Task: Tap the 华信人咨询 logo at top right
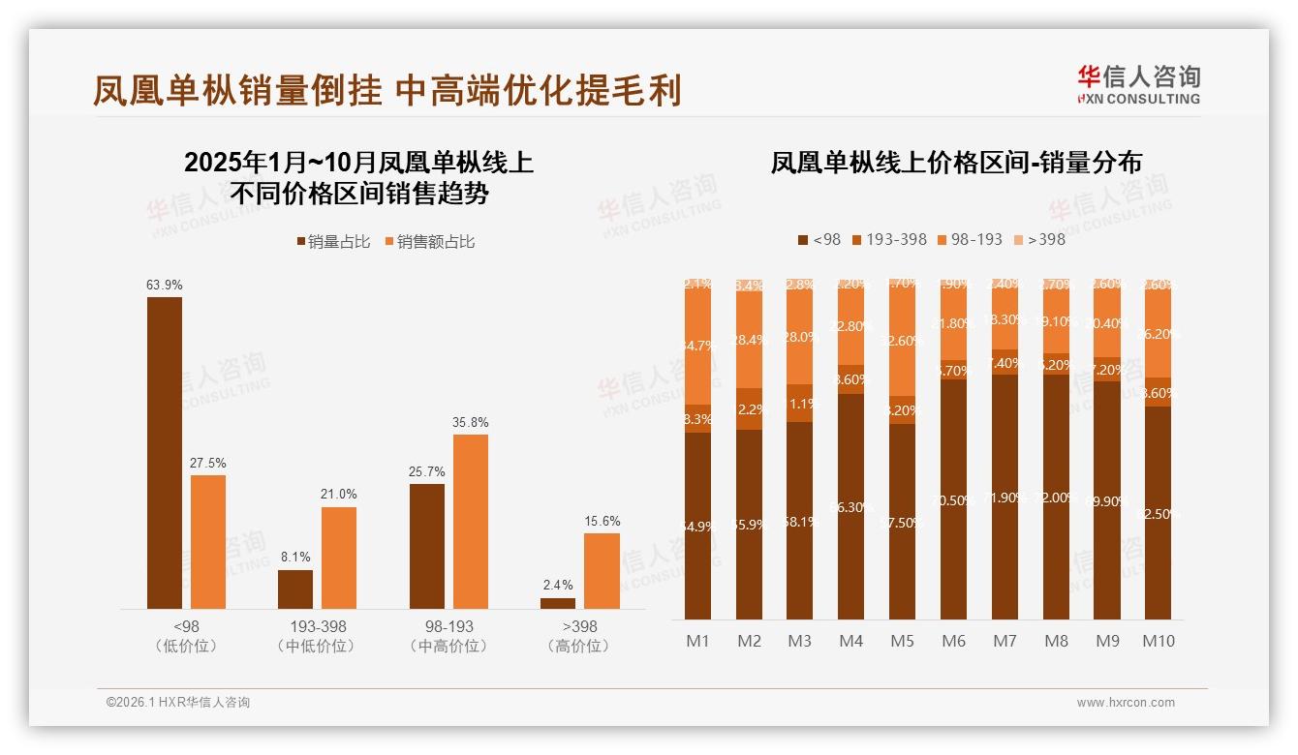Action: (x=1138, y=84)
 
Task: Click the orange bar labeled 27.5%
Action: (x=208, y=542)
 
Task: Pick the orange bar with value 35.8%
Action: (x=471, y=522)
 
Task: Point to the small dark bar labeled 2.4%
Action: (x=558, y=603)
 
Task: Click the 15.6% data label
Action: (x=603, y=521)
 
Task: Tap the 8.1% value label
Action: (x=295, y=558)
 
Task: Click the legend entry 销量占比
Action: (x=335, y=241)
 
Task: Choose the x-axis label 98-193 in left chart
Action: (x=448, y=626)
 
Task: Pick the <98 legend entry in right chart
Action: (x=819, y=239)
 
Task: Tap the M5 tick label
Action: (x=902, y=641)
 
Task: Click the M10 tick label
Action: (x=1158, y=641)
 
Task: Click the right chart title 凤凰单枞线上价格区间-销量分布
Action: (x=955, y=163)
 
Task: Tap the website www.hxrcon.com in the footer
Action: (x=1126, y=703)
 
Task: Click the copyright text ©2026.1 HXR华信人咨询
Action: (x=178, y=703)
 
